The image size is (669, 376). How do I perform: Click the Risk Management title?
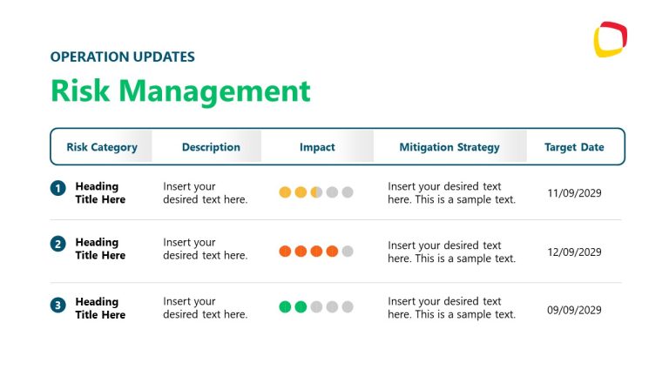pyautogui.click(x=180, y=91)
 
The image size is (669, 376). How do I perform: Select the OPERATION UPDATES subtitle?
pyautogui.click(x=123, y=57)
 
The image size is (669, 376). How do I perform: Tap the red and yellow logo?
pyautogui.click(x=611, y=39)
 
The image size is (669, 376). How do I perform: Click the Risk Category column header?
pyautogui.click(x=102, y=147)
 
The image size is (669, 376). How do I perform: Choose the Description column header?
pyautogui.click(x=211, y=147)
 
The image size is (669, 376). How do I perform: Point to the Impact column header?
pyautogui.click(x=317, y=147)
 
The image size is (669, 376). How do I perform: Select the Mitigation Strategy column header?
pyautogui.click(x=449, y=147)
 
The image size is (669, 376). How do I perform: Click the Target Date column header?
pyautogui.click(x=574, y=147)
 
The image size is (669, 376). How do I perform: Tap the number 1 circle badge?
pyautogui.click(x=58, y=188)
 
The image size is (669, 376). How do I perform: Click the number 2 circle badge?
pyautogui.click(x=58, y=245)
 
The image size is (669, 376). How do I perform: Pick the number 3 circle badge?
pyautogui.click(x=58, y=305)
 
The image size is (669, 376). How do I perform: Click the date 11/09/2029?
pyautogui.click(x=574, y=193)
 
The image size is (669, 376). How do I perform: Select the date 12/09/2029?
pyautogui.click(x=574, y=252)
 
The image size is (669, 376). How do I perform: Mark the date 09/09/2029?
pyautogui.click(x=574, y=309)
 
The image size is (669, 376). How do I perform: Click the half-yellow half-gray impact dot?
pyautogui.click(x=316, y=192)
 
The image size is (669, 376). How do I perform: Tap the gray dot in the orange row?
pyautogui.click(x=348, y=252)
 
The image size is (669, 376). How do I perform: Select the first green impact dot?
pyautogui.click(x=285, y=306)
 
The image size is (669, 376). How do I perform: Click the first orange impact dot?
pyautogui.click(x=285, y=252)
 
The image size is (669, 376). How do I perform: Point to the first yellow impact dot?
pyautogui.click(x=285, y=192)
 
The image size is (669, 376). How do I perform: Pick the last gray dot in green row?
pyautogui.click(x=348, y=306)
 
